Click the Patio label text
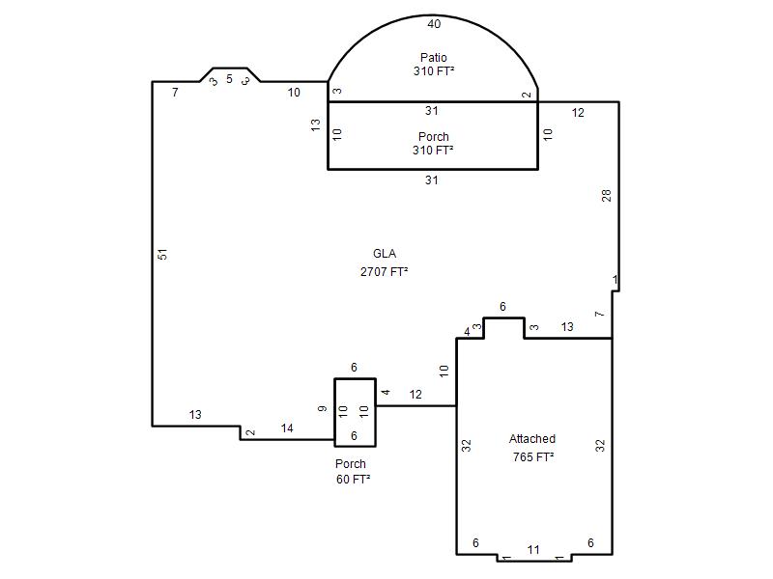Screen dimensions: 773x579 [x=433, y=57]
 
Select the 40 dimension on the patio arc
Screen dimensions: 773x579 [x=434, y=23]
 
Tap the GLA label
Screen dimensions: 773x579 [x=385, y=254]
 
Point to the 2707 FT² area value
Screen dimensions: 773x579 [x=384, y=271]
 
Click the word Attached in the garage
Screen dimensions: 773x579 [x=532, y=439]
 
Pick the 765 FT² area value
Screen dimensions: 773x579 [x=533, y=456]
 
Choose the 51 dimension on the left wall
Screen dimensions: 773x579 [x=162, y=254]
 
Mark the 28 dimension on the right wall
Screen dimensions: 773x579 [x=607, y=196]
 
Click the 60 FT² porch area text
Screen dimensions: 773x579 [x=353, y=479]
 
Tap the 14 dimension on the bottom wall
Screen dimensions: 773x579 [x=287, y=428]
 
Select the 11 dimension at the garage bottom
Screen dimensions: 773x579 [x=533, y=549]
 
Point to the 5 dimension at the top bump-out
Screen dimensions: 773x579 [x=229, y=79]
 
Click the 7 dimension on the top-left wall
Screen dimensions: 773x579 [x=175, y=92]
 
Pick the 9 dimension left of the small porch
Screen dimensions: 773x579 [x=322, y=408]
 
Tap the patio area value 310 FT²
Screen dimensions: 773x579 [x=434, y=70]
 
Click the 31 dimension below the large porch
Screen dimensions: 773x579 [x=431, y=180]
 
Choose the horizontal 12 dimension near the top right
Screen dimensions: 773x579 [x=578, y=113]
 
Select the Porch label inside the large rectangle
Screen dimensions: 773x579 [x=433, y=136]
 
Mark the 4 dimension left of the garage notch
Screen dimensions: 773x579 [x=467, y=332]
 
